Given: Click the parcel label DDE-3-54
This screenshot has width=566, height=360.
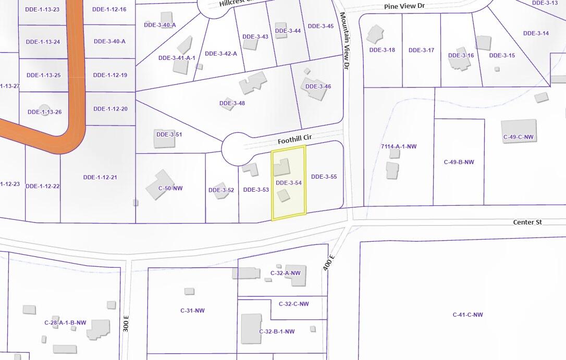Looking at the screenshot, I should (289, 183).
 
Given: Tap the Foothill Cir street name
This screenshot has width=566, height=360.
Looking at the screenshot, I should (294, 140).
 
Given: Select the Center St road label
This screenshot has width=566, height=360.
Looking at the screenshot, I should (527, 222).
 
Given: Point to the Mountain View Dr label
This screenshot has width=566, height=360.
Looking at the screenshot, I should (345, 41).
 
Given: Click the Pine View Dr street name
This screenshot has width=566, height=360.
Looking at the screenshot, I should (405, 6).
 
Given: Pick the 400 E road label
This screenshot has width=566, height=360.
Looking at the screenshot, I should (328, 262).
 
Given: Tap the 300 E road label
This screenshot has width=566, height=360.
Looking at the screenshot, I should (126, 324).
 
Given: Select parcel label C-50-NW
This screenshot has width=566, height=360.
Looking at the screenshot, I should (171, 188).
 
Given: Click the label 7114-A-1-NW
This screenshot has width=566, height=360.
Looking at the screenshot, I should (399, 147).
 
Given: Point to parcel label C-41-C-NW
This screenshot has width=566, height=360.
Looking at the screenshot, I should (467, 315).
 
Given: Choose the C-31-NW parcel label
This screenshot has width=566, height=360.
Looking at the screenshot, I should (193, 311).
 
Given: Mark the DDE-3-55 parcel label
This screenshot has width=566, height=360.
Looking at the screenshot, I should (324, 177).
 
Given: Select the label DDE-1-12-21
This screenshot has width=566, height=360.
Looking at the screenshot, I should (100, 177).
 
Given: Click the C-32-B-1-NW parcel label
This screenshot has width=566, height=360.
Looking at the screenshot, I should (277, 331).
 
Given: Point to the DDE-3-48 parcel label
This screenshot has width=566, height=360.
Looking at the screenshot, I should (232, 103).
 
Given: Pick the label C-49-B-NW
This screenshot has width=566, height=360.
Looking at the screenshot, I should (459, 162).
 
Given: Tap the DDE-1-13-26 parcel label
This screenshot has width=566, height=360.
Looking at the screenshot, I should (44, 111).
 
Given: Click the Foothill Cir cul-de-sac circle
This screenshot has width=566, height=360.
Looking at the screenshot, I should (237, 148).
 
